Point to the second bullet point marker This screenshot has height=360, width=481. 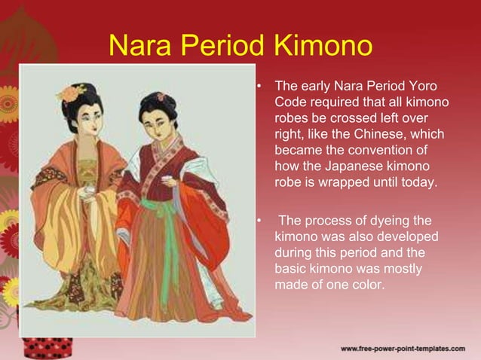point(259,221)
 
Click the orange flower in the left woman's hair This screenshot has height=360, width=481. point(72,93)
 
